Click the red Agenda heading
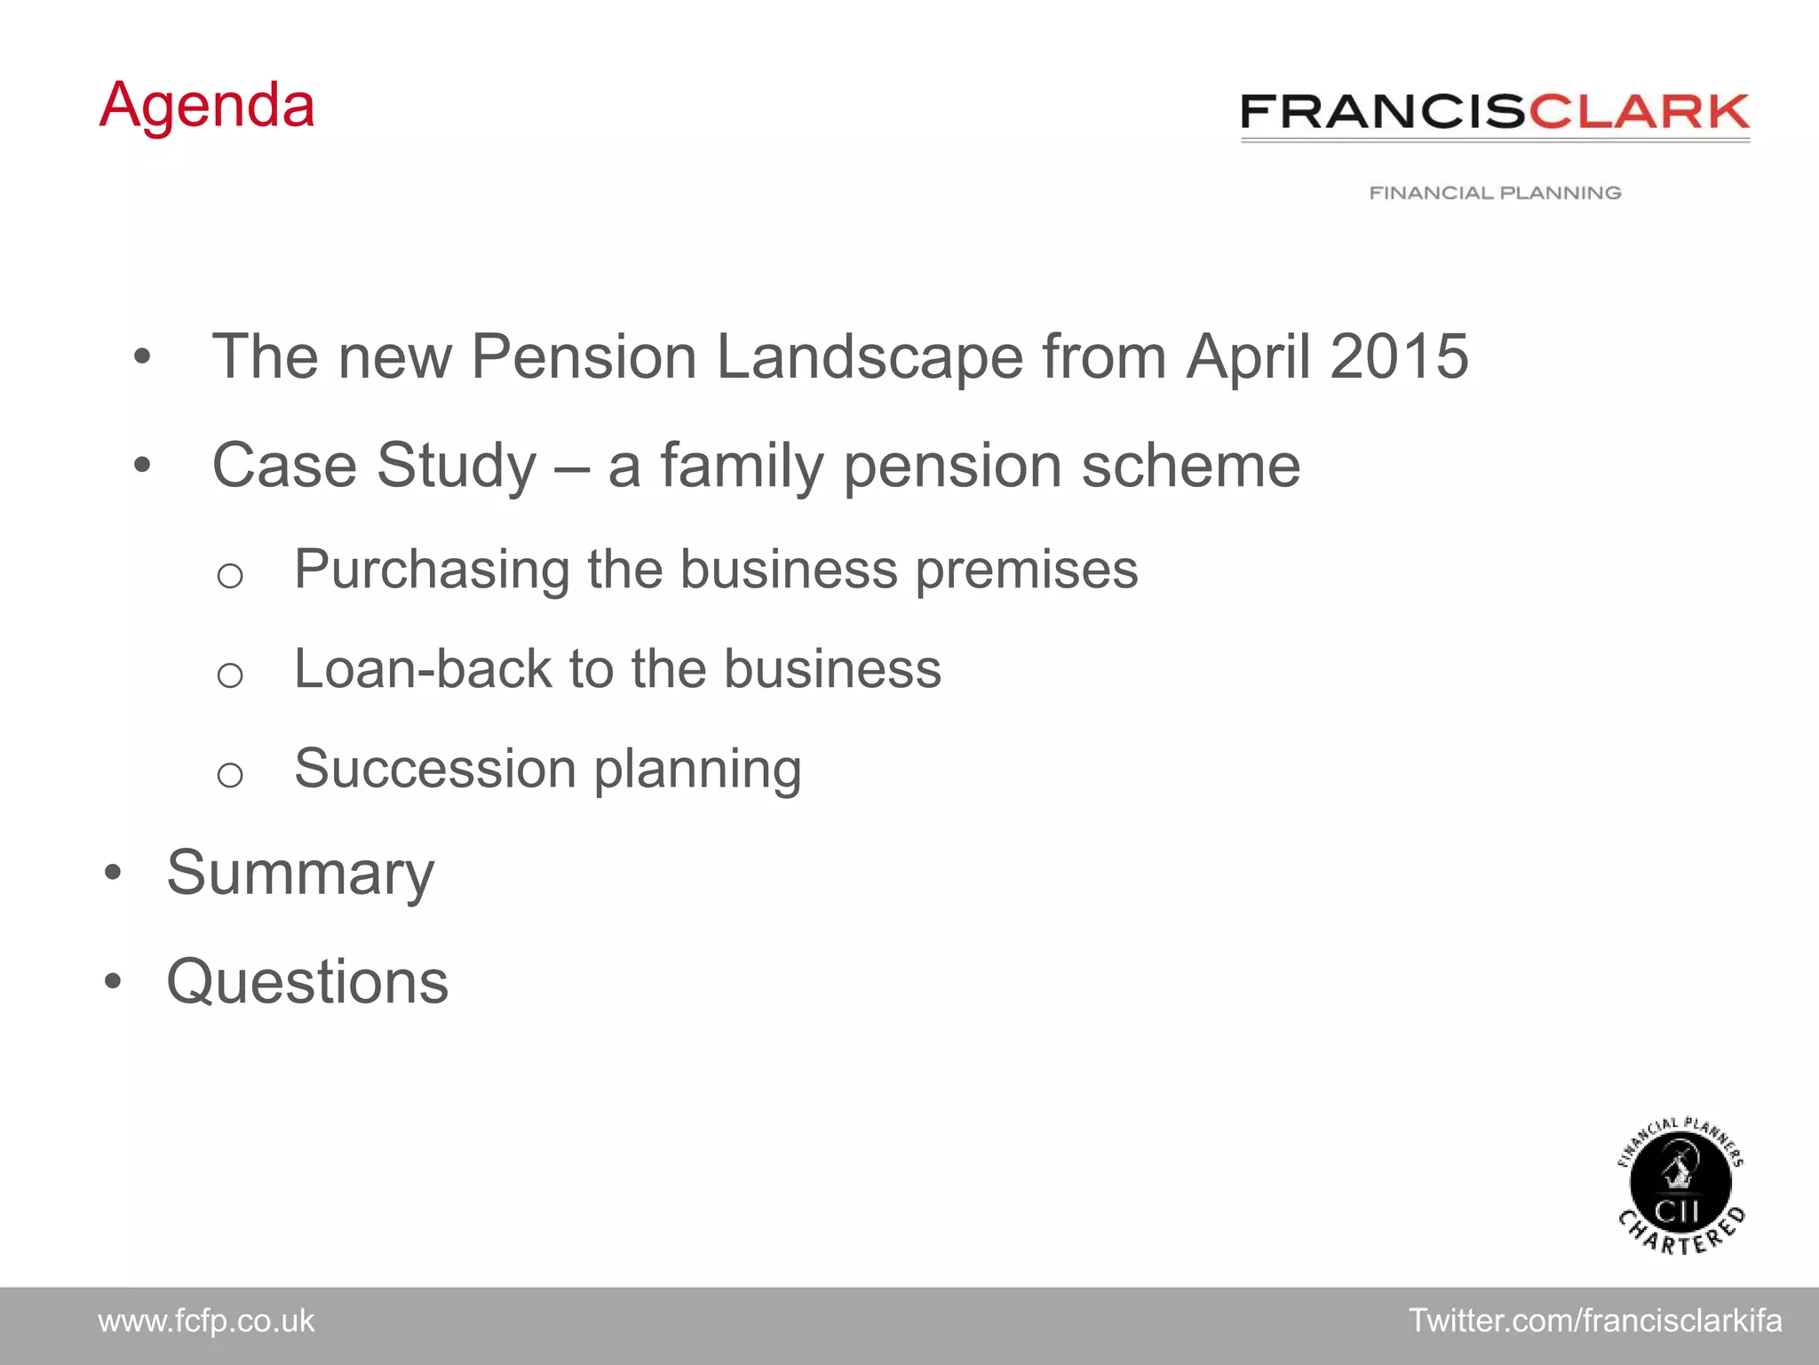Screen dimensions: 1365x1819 click(207, 106)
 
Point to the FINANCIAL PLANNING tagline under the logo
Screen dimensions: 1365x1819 click(1495, 193)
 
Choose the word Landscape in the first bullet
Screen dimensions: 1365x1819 click(870, 357)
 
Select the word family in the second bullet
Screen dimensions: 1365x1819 click(743, 466)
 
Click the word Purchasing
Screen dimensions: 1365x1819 click(432, 570)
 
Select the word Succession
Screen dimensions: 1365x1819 click(435, 768)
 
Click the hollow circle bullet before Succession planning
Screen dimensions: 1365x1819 click(230, 775)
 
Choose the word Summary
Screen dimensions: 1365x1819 click(300, 874)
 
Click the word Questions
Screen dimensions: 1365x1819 click(307, 982)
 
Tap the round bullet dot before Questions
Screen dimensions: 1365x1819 click(112, 983)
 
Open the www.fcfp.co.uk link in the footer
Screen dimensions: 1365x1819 click(206, 1321)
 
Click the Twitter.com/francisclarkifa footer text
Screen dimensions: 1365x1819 click(1595, 1321)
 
